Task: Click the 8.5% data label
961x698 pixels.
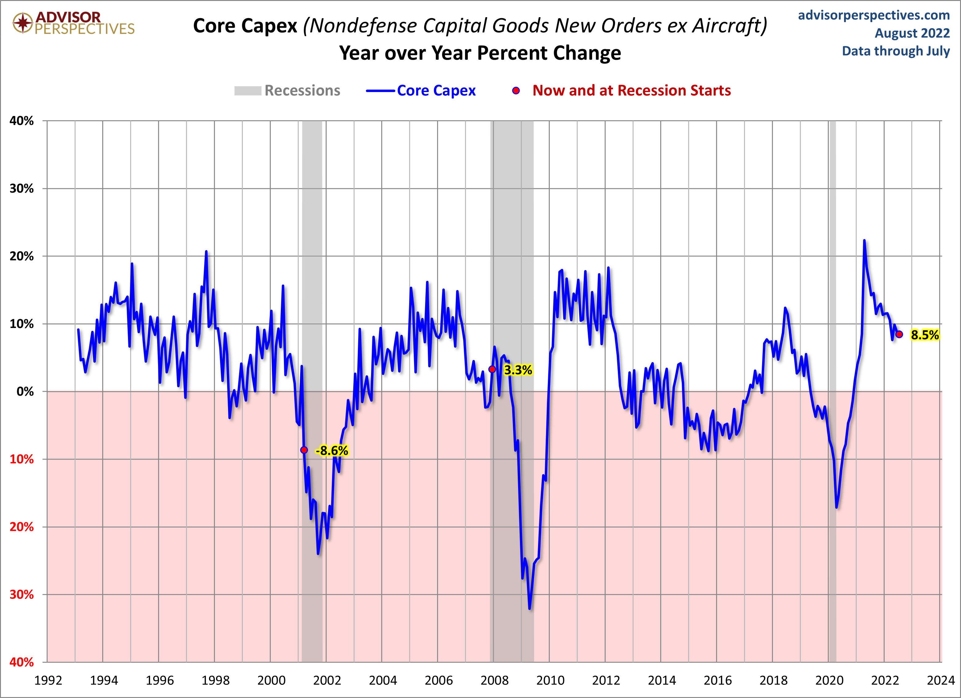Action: tap(924, 335)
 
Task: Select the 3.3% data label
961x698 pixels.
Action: tap(518, 370)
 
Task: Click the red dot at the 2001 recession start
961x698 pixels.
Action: tap(304, 450)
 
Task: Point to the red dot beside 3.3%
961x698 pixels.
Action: tap(492, 369)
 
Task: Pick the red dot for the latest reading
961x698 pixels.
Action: tap(899, 334)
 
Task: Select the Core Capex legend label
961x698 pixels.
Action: tap(436, 91)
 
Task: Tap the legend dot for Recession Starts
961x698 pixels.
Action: tap(516, 91)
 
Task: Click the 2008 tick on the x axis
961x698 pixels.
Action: tap(494, 680)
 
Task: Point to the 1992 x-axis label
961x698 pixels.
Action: tap(48, 680)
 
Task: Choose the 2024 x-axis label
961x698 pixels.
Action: tap(940, 680)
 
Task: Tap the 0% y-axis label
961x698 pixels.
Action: tap(25, 391)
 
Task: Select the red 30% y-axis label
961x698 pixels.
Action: tap(21, 594)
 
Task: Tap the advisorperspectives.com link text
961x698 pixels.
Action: tap(874, 15)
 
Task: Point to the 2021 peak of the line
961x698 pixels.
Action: tap(864, 241)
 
